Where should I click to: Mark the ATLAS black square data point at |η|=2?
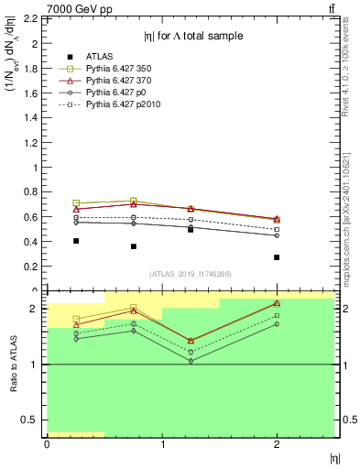coord(277,257)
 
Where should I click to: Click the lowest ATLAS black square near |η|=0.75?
coord(134,246)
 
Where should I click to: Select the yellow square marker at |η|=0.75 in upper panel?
coord(134,201)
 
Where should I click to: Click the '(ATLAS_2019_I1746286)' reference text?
coord(190,274)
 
